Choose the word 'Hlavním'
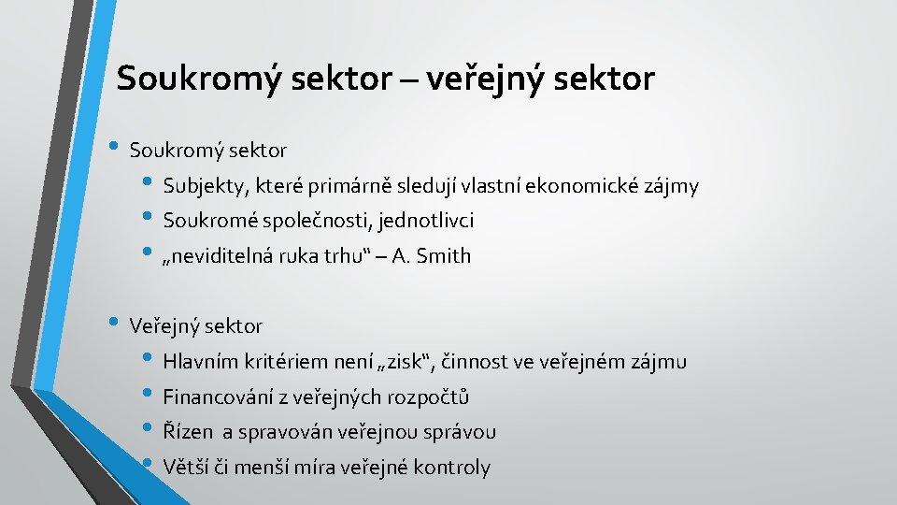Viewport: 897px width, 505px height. tap(201, 362)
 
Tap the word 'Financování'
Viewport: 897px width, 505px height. tap(214, 397)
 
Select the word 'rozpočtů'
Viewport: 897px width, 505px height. tap(432, 397)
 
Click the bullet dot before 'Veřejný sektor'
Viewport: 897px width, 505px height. tap(114, 324)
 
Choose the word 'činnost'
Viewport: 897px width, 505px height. tap(472, 362)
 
